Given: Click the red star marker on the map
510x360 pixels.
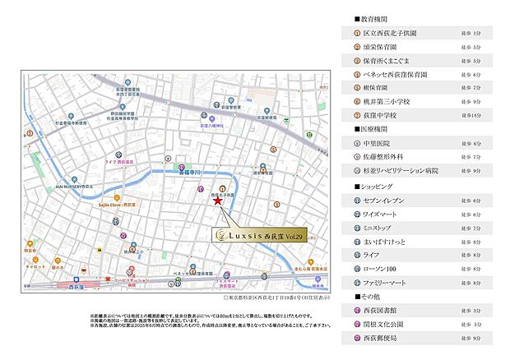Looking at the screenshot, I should (x=217, y=200).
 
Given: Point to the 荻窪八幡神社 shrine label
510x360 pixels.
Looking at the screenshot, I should (x=212, y=126).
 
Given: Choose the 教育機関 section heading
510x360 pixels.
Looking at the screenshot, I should (x=369, y=17).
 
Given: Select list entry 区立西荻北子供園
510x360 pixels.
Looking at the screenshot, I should (x=394, y=33).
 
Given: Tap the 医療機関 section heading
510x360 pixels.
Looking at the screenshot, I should (x=369, y=128).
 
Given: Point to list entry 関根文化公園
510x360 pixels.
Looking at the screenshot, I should (x=384, y=325).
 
